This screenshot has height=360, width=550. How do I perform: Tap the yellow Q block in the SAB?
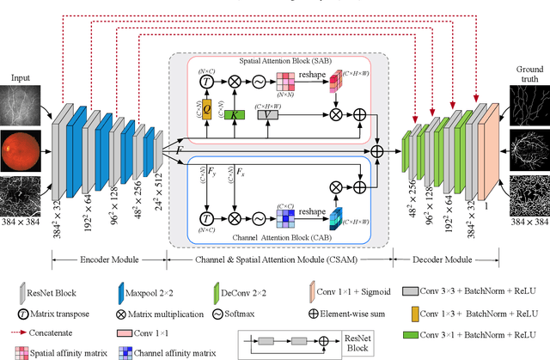click(206, 112)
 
